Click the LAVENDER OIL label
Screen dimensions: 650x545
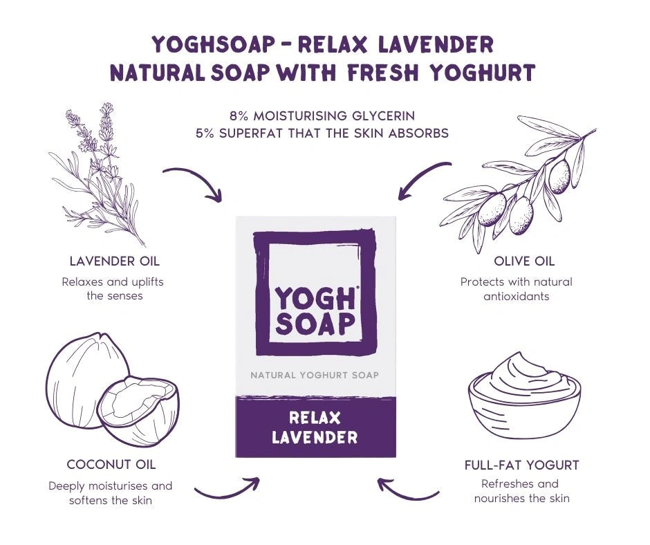[114, 261]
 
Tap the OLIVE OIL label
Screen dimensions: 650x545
[524, 261]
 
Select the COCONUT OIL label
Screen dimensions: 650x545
[111, 465]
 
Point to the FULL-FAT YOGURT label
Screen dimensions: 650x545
[521, 465]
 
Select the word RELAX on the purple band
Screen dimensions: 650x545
[315, 418]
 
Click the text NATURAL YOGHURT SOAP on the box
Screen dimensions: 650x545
[315, 376]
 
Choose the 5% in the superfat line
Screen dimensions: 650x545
[205, 133]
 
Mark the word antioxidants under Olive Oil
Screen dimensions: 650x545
[516, 296]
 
